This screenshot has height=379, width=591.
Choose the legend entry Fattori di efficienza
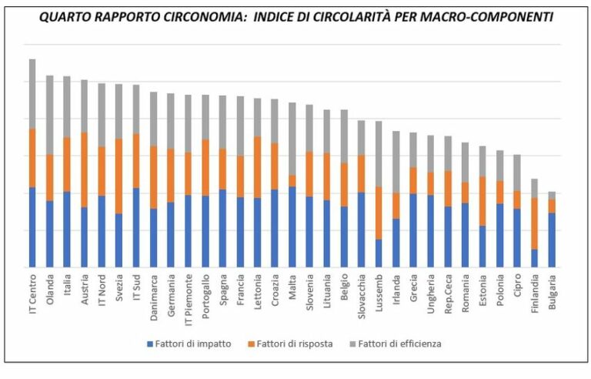point(402,344)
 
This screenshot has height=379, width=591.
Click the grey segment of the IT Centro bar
point(32,93)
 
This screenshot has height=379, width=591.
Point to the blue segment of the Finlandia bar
point(534,258)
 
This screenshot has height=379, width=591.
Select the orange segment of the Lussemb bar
point(379,213)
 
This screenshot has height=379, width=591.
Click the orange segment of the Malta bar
point(292,181)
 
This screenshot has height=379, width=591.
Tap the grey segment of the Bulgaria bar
point(552,196)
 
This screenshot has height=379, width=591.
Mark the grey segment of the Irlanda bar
point(396,162)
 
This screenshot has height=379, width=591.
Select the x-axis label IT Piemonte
point(188,297)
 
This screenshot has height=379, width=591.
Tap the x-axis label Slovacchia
point(361,294)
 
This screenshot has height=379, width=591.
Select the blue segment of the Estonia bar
point(482,247)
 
